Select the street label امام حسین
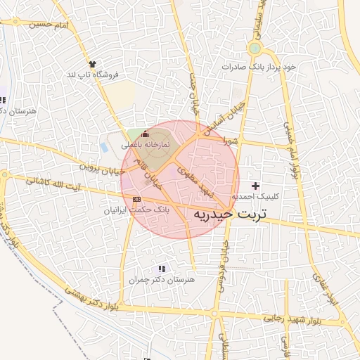click(x=50, y=25)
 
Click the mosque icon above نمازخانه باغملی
click(x=146, y=134)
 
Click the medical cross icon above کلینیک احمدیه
click(x=255, y=185)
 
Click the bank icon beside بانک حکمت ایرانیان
click(x=136, y=200)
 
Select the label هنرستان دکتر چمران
click(x=161, y=280)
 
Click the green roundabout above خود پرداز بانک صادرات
click(x=255, y=49)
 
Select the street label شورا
click(x=231, y=141)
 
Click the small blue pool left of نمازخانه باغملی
click(x=104, y=149)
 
